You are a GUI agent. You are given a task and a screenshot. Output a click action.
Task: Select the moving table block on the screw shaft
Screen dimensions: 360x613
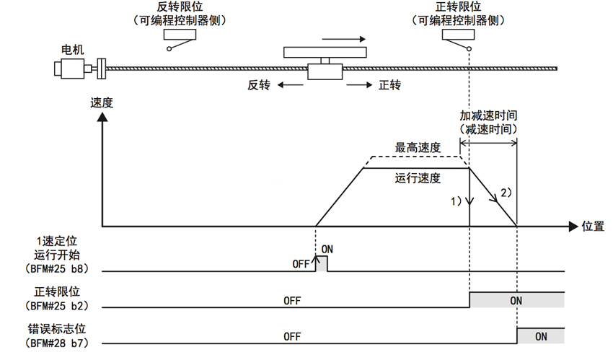(325, 71)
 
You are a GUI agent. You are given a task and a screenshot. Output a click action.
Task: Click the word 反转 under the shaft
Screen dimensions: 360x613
(258, 85)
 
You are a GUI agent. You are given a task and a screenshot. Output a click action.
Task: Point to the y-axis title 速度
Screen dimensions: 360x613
(102, 102)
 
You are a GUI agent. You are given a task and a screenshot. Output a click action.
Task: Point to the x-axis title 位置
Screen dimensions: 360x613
(593, 226)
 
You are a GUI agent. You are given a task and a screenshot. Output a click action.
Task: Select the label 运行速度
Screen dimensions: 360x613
(418, 177)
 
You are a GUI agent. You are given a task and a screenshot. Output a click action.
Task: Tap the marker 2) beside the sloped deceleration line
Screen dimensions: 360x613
(506, 193)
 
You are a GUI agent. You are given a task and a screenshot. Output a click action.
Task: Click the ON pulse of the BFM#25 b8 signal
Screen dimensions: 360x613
(322, 264)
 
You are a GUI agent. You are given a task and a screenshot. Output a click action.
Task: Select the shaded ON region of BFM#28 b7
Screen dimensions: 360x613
(540, 336)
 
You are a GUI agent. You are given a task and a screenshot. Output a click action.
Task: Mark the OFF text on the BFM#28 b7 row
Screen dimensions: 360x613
(292, 336)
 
